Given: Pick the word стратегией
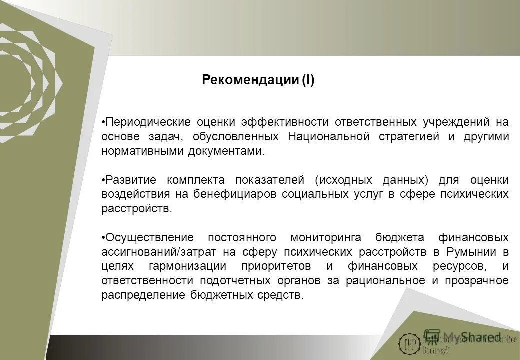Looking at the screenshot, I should pos(409,137).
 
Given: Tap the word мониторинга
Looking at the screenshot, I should pos(323,237).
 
